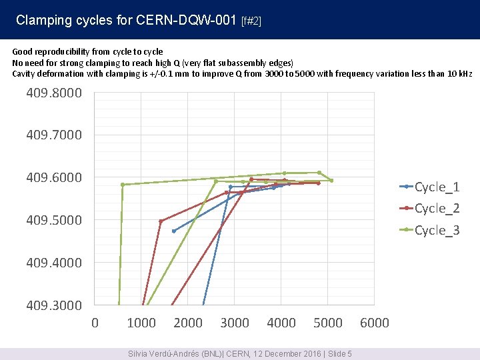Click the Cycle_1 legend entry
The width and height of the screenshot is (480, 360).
(x=429, y=187)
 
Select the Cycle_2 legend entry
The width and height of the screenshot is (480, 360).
(x=429, y=208)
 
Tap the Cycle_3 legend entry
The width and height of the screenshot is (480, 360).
(x=429, y=230)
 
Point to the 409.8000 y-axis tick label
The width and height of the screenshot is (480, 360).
(x=54, y=93)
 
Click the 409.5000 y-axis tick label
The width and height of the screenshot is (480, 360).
(x=54, y=220)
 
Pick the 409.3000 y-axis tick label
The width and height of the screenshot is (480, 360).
(x=54, y=305)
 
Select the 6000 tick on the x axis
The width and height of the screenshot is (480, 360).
(x=375, y=323)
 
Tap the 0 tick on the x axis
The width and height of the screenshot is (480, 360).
(x=95, y=323)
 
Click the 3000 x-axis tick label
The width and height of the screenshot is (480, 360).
(x=235, y=323)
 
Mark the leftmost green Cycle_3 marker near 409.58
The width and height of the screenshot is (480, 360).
(x=123, y=185)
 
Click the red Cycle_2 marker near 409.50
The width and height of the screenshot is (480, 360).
(x=161, y=221)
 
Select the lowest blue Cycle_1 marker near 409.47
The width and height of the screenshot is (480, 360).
(x=174, y=231)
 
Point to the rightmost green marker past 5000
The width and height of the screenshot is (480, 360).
(x=331, y=181)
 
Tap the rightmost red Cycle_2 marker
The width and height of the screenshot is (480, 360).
(x=319, y=183)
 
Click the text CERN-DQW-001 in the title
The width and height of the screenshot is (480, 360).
(x=186, y=20)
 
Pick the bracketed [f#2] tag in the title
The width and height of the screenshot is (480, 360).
(x=251, y=21)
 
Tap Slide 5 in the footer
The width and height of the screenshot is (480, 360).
(x=340, y=354)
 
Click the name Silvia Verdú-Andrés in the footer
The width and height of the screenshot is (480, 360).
(x=164, y=354)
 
